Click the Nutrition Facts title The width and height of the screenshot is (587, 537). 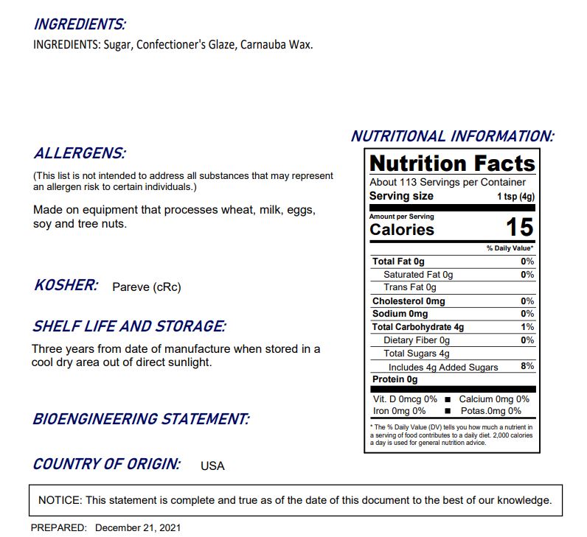pos(451,163)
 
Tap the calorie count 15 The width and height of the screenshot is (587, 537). pos(519,228)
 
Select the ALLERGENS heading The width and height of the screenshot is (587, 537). pos(80,154)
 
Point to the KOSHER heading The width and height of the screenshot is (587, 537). pos(66,285)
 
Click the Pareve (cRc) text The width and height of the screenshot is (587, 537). pos(146,287)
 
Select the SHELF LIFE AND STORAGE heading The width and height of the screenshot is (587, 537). pos(129,326)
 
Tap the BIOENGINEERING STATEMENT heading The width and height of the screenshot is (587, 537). pos(141,419)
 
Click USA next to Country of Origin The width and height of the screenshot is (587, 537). pos(212,466)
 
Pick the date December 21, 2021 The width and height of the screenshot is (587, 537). pos(138,527)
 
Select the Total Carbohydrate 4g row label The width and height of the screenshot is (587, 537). pos(418,327)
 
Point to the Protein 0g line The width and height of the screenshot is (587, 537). pos(395,379)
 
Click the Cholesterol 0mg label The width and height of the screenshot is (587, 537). pos(409,301)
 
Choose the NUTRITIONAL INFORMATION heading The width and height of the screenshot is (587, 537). pos(451,136)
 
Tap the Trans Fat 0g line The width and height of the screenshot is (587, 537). pos(409,287)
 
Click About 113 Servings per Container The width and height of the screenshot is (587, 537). pos(448,182)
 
